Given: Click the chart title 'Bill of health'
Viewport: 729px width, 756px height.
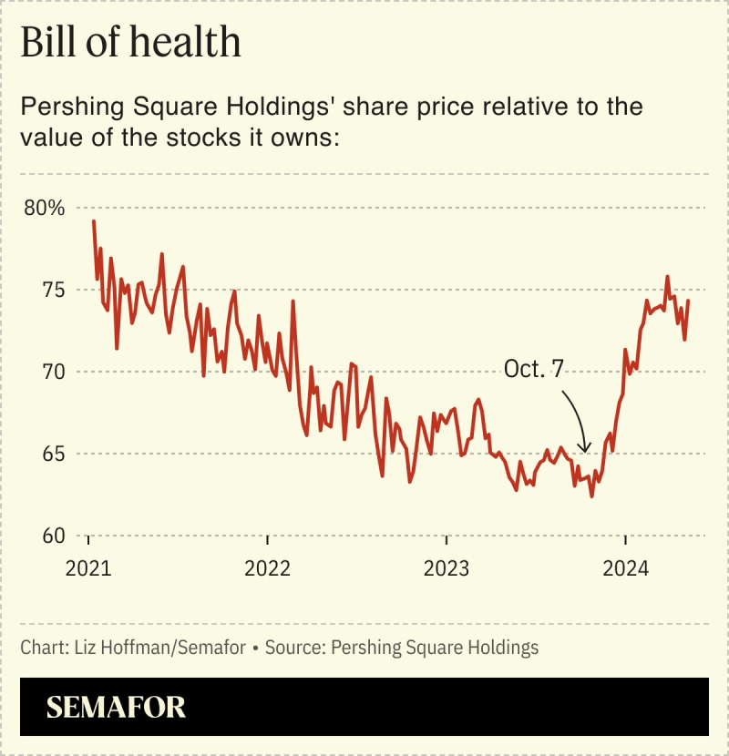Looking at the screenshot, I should click(x=130, y=44).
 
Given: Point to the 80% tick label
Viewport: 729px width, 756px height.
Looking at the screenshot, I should click(x=45, y=208).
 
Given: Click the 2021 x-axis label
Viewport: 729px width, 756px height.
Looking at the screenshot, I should click(x=89, y=569).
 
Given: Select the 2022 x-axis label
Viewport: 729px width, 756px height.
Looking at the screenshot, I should click(x=268, y=569).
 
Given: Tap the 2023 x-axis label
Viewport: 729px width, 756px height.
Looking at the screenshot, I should click(x=447, y=569).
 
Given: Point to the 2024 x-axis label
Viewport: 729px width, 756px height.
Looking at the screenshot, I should click(x=625, y=569).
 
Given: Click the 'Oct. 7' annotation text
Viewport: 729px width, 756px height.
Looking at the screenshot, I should click(x=536, y=368).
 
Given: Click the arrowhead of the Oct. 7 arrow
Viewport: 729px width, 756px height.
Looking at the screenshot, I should click(x=585, y=449).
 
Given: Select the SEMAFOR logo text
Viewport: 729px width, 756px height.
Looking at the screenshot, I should click(x=116, y=707).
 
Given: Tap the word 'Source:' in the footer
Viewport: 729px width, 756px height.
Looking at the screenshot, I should click(x=296, y=648).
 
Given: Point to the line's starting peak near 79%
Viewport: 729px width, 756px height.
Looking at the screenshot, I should click(x=93, y=221).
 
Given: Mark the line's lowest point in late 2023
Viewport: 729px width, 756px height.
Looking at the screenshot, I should click(x=591, y=496).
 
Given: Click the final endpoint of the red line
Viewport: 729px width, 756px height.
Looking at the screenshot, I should click(x=688, y=301).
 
